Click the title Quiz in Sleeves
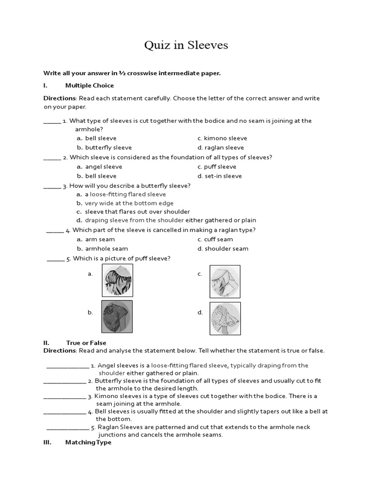click(186, 46)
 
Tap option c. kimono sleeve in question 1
click(222, 138)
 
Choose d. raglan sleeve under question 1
click(220, 148)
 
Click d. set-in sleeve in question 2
click(220, 176)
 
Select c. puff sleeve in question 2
click(217, 166)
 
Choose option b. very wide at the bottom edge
click(125, 203)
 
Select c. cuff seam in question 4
click(215, 239)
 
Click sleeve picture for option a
click(117, 281)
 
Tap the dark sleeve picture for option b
click(117, 316)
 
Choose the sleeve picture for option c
click(224, 281)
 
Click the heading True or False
click(86, 343)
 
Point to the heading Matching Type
click(88, 442)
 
